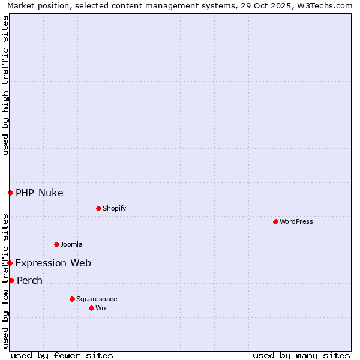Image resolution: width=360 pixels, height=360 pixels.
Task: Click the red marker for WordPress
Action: (x=275, y=221)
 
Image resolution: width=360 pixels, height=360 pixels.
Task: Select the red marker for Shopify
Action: (x=98, y=208)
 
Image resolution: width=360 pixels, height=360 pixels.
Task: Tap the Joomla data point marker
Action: (x=56, y=244)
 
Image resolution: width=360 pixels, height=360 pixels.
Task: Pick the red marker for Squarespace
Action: (x=72, y=299)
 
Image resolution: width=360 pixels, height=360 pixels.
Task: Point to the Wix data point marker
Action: (x=91, y=308)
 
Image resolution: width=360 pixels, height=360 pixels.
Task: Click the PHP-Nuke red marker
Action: (x=10, y=193)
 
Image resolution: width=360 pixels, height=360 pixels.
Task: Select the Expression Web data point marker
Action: (x=10, y=263)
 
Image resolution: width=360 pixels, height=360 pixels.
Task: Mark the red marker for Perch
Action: (x=11, y=280)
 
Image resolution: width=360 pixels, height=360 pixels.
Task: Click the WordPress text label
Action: (x=296, y=221)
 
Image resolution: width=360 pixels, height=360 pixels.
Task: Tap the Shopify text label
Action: (x=115, y=208)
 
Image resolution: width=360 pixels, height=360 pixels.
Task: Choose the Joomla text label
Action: (x=71, y=244)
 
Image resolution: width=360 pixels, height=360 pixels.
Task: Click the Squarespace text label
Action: (x=97, y=299)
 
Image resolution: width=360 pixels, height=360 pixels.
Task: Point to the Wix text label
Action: (x=101, y=308)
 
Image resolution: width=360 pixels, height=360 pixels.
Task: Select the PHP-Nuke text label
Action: (x=40, y=193)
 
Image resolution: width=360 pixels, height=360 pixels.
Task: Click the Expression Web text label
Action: (x=53, y=263)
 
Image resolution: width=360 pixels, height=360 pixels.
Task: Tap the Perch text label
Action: (x=30, y=280)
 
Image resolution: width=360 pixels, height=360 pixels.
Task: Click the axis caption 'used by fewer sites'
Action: (x=62, y=355)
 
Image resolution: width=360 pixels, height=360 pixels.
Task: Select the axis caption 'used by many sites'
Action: (x=301, y=355)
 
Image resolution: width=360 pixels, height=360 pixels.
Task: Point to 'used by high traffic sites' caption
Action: (x=5, y=85)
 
